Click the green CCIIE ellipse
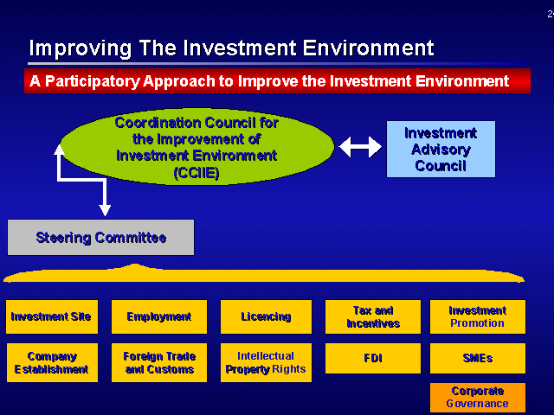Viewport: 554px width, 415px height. click(x=196, y=146)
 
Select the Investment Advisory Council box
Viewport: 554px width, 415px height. click(x=441, y=149)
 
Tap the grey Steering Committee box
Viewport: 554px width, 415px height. click(x=100, y=237)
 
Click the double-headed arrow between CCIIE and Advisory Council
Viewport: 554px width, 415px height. click(x=360, y=147)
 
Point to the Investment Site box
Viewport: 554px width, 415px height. click(x=52, y=316)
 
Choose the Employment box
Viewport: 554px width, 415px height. click(x=159, y=316)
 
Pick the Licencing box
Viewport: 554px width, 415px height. click(x=266, y=316)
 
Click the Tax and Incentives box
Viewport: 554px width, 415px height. click(x=373, y=316)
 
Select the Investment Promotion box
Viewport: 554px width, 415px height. click(x=478, y=316)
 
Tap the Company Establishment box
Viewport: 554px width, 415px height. click(x=52, y=362)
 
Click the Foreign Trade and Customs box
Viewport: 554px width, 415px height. click(x=159, y=362)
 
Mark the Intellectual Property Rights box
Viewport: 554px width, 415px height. click(x=266, y=362)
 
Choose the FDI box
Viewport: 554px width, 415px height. click(x=373, y=358)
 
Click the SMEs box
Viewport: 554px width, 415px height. click(x=478, y=358)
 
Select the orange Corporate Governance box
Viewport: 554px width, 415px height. click(x=478, y=398)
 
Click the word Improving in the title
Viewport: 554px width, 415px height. click(x=81, y=48)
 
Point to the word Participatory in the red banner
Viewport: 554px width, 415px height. click(x=93, y=81)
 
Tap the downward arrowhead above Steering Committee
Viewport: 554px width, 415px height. click(x=105, y=210)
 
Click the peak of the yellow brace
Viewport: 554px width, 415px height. click(x=134, y=264)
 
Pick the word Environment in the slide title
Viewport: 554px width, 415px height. click(x=368, y=48)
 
